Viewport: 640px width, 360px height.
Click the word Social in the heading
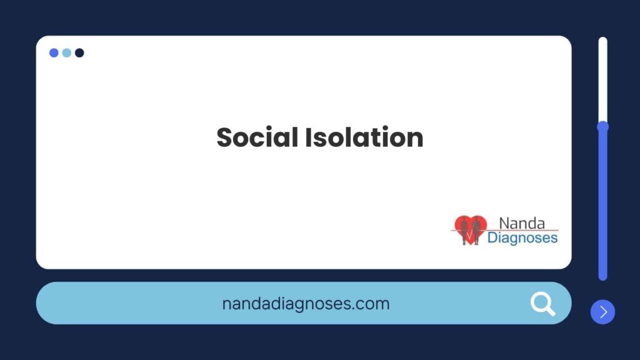click(x=257, y=137)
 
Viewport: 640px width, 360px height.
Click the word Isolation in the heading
click(x=364, y=137)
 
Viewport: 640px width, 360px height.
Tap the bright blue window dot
click(x=54, y=52)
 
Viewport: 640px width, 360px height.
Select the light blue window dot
click(x=66, y=52)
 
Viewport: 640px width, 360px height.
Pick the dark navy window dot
click(x=79, y=52)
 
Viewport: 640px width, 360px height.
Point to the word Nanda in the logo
click(x=522, y=223)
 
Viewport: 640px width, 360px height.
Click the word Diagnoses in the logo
click(x=522, y=237)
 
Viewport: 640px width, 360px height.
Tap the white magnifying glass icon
click(x=543, y=304)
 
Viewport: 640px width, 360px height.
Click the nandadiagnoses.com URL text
click(x=306, y=304)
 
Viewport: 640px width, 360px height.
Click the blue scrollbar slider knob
click(x=603, y=127)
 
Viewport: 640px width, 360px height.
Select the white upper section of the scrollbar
click(x=603, y=79)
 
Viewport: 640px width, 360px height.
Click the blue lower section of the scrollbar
click(x=603, y=205)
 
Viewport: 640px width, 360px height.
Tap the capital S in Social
click(x=224, y=137)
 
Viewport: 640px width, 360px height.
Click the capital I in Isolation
click(x=308, y=137)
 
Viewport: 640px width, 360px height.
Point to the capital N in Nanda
click(x=504, y=224)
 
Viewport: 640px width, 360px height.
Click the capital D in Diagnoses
click(x=492, y=237)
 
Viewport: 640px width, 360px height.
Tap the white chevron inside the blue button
click(x=604, y=312)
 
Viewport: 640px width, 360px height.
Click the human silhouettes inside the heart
click(x=470, y=231)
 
